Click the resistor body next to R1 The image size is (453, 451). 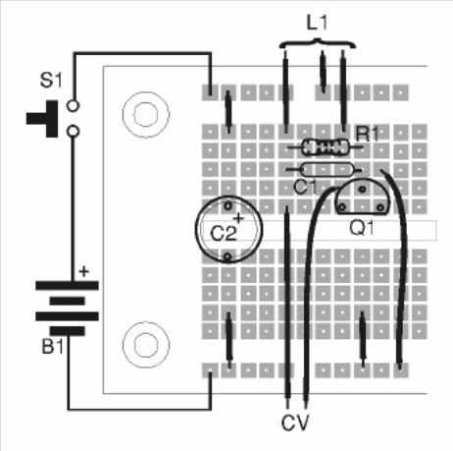[x=325, y=148]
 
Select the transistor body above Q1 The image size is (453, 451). [x=361, y=201]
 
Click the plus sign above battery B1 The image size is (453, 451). [x=83, y=268]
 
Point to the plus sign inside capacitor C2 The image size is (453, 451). [x=237, y=217]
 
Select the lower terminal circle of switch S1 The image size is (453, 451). [x=70, y=130]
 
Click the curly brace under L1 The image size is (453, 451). [x=316, y=42]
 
